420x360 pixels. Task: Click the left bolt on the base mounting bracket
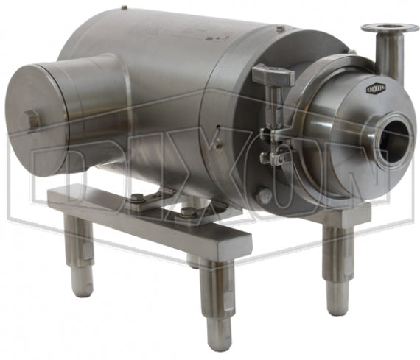point(137,197)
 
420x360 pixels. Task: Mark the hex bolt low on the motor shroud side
point(263,195)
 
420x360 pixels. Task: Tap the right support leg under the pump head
point(339,258)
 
